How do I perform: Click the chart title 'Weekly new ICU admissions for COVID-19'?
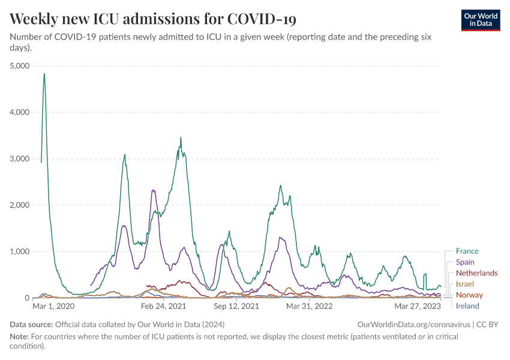coord(153,19)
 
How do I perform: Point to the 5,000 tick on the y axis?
coord(20,66)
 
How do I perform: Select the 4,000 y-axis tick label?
coord(20,112)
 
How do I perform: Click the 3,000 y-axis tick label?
coord(20,159)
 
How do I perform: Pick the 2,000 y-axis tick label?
coord(20,205)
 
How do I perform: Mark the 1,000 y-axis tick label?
coord(20,251)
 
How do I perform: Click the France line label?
coord(467,251)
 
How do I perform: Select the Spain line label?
coord(465,262)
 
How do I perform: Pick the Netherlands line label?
coord(476,273)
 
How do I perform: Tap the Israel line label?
coord(465,284)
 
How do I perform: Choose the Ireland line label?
coord(467,306)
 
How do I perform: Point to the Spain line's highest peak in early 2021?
coord(153,190)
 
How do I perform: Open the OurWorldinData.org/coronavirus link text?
coord(413,324)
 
